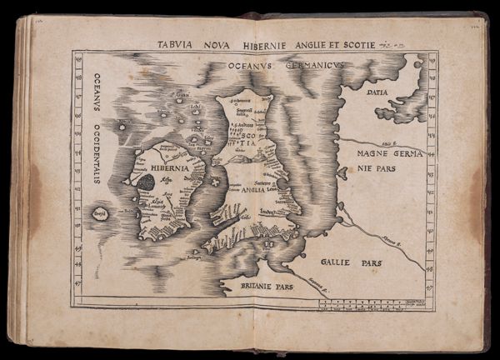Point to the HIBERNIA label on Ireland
167,166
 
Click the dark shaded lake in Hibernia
145,182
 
